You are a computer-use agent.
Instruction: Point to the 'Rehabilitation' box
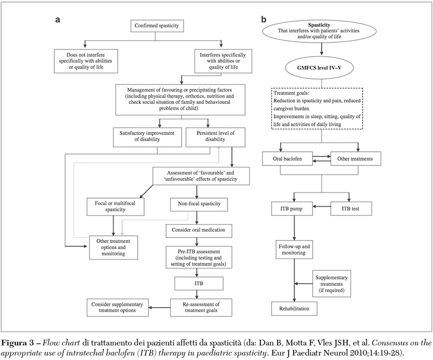294,308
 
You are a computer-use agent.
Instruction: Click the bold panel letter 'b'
263,19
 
